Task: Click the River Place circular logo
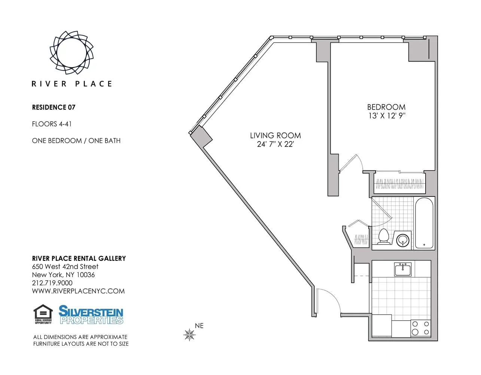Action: click(71, 52)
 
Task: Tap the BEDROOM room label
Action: click(386, 107)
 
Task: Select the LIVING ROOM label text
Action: click(275, 135)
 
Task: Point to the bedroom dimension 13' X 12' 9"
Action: click(387, 116)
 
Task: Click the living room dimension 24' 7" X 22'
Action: click(275, 144)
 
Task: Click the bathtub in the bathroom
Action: click(424, 223)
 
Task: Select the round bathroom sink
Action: click(403, 240)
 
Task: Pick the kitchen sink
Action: click(403, 269)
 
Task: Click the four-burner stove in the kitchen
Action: click(420, 328)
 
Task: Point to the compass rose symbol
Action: click(190, 334)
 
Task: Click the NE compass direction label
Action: click(199, 326)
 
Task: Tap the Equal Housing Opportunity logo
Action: click(43, 314)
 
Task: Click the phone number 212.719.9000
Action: click(52, 283)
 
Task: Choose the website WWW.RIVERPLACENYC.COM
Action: click(78, 291)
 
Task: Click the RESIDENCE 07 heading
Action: click(54, 107)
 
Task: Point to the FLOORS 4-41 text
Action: click(52, 124)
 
